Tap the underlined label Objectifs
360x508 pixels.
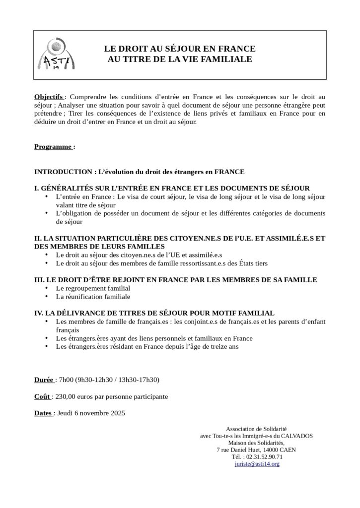(x=49, y=96)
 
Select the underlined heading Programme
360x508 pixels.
(x=54, y=147)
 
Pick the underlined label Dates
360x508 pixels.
(x=43, y=413)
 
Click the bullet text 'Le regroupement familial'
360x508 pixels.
(x=93, y=288)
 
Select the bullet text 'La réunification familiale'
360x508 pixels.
(x=93, y=296)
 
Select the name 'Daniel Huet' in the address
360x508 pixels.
(x=243, y=449)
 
